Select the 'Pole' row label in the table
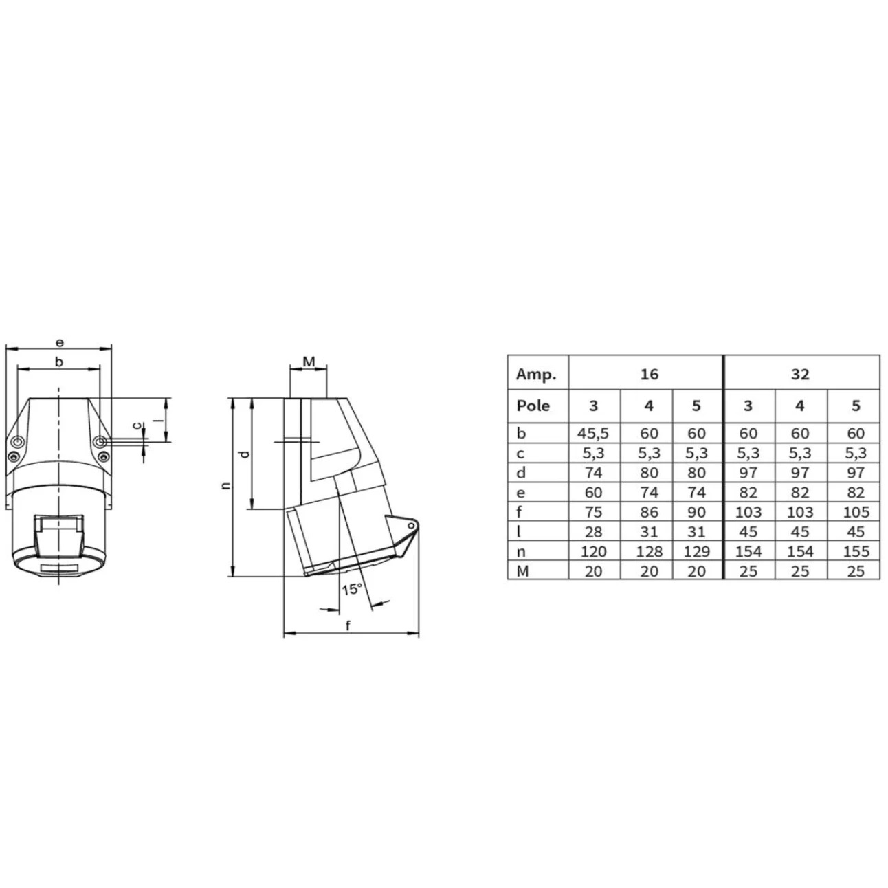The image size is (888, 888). click(x=533, y=406)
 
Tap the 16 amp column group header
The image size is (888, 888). click(x=648, y=374)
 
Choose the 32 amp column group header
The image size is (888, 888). click(x=800, y=374)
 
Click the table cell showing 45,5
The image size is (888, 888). click(x=593, y=434)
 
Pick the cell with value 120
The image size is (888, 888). click(x=593, y=552)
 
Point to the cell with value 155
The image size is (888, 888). click(x=855, y=552)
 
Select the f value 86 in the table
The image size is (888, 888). click(x=648, y=512)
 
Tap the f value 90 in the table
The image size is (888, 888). click(x=696, y=512)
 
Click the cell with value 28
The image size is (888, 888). click(x=593, y=532)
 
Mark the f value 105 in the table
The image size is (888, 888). click(x=855, y=512)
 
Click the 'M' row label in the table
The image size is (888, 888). click(x=522, y=571)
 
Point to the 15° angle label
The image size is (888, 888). click(x=351, y=589)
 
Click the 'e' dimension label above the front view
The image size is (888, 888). click(x=59, y=342)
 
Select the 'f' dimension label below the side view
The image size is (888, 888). click(x=348, y=625)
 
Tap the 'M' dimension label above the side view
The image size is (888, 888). click(x=309, y=362)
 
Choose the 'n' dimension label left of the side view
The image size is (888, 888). click(x=225, y=486)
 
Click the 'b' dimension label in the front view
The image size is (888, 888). click(x=59, y=362)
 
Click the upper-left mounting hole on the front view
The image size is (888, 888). click(x=18, y=441)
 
